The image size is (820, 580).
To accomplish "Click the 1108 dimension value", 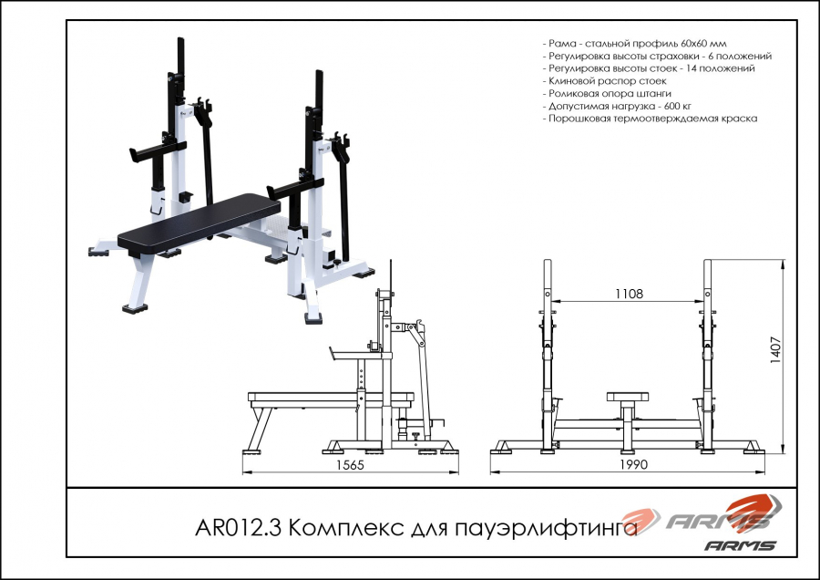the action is click(629, 294).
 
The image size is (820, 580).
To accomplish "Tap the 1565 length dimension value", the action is click(350, 465).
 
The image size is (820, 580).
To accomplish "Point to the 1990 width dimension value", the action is click(633, 464).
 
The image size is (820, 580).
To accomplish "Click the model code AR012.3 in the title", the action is click(239, 528).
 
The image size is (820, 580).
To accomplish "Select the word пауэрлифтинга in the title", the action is click(547, 529).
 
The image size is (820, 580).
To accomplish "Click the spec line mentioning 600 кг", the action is click(617, 106).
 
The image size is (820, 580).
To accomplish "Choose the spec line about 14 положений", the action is click(649, 68).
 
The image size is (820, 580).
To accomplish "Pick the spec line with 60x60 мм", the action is click(634, 44).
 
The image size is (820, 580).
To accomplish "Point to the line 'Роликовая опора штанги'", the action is click(607, 93).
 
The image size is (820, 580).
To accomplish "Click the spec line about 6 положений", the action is click(657, 56).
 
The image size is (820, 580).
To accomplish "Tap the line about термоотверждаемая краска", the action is click(650, 119).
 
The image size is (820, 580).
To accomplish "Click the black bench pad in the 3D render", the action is click(199, 223).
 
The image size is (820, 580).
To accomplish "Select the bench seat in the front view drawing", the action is click(628, 397).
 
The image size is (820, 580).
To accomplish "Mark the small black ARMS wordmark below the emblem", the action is click(740, 545).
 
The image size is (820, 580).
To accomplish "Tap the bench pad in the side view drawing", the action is click(331, 397).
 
